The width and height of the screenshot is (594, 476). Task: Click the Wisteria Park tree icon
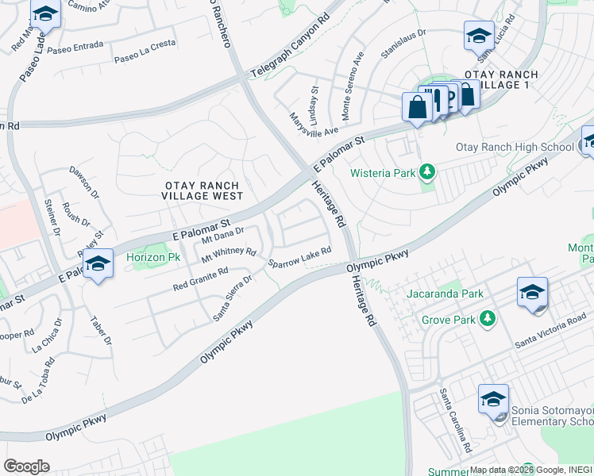427,171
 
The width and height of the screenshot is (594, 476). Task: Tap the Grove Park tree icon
488,320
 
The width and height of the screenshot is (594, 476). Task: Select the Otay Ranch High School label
515,148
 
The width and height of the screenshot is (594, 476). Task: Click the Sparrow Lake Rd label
299,258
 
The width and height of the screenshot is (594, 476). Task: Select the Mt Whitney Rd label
229,254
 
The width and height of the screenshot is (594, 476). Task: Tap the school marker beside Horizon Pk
98,263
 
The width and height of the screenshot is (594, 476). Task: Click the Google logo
26,466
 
